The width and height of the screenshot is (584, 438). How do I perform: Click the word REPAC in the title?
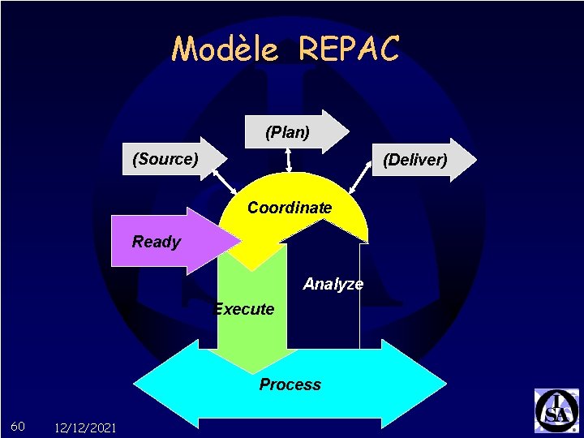[x=349, y=49]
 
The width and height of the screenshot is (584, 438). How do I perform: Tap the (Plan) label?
[x=287, y=132]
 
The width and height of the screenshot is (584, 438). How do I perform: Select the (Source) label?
[x=165, y=159]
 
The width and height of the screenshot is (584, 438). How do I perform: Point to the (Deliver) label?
[x=414, y=160]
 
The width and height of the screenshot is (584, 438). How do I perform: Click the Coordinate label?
[x=290, y=208]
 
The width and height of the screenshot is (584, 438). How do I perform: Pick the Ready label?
[x=157, y=242]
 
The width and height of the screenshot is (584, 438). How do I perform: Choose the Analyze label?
[x=333, y=284]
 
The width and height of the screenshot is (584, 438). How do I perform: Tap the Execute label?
[x=243, y=309]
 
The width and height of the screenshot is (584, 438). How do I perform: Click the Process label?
[x=290, y=384]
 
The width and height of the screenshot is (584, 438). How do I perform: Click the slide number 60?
[x=18, y=427]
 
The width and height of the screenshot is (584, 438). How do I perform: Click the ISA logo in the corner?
[x=556, y=410]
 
